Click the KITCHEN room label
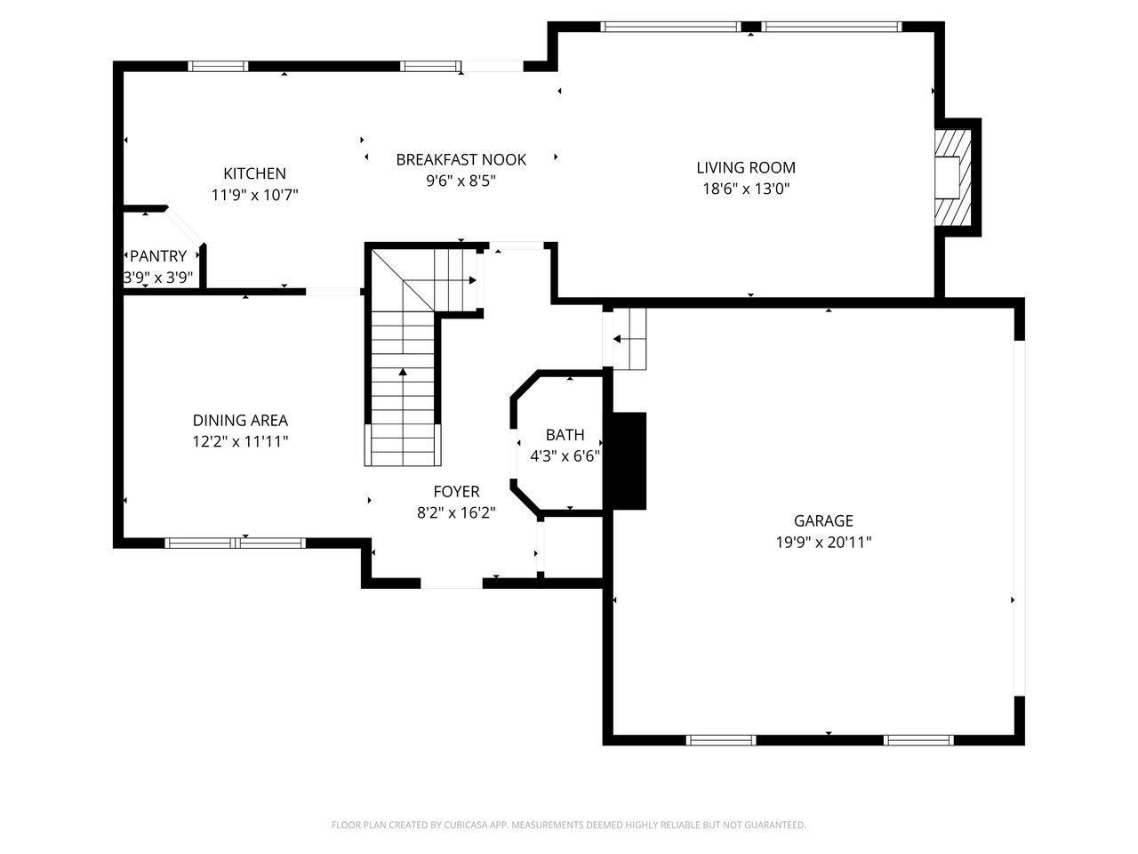point(254,173)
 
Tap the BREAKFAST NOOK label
point(461,160)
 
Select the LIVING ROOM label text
point(746,167)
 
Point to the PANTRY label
point(158,256)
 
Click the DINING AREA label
point(240,420)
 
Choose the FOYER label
point(456,491)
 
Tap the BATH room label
point(565,434)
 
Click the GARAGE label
point(823,520)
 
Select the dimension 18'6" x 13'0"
point(746,189)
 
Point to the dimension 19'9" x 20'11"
point(823,543)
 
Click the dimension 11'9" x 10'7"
point(254,195)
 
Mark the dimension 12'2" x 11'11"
point(240,442)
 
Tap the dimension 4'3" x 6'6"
point(565,456)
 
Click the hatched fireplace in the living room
point(953,177)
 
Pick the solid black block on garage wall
point(629,461)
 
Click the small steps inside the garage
point(629,339)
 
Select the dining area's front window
point(236,543)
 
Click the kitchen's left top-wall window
point(218,66)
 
